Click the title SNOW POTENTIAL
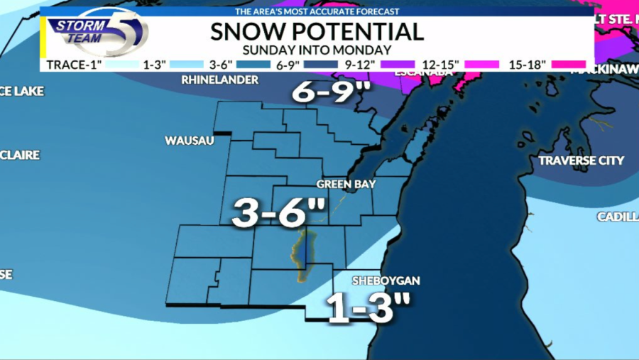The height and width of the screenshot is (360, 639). pyautogui.click(x=317, y=31)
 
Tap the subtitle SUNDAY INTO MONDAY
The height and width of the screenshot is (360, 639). pyautogui.click(x=317, y=50)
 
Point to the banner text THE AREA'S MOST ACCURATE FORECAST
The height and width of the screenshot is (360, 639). pyautogui.click(x=317, y=11)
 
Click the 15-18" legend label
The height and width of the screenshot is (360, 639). pyautogui.click(x=527, y=65)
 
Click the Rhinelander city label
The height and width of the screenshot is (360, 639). pyautogui.click(x=219, y=80)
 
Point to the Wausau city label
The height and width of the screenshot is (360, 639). pyautogui.click(x=190, y=141)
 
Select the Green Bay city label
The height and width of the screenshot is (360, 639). pyautogui.click(x=346, y=184)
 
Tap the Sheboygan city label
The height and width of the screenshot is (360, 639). pyautogui.click(x=386, y=280)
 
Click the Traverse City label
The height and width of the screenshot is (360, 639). pyautogui.click(x=581, y=160)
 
